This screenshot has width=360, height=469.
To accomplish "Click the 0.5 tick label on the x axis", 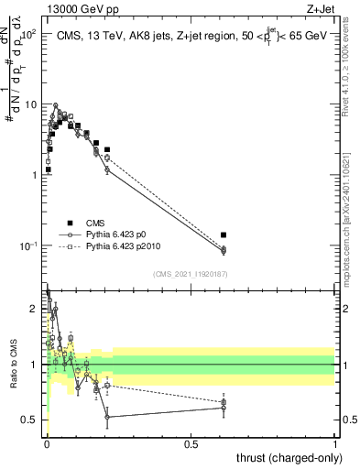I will click(x=191, y=442).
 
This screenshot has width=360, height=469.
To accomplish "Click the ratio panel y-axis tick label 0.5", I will click(x=30, y=420).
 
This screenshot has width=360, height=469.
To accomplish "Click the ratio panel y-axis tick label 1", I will click(x=35, y=365).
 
